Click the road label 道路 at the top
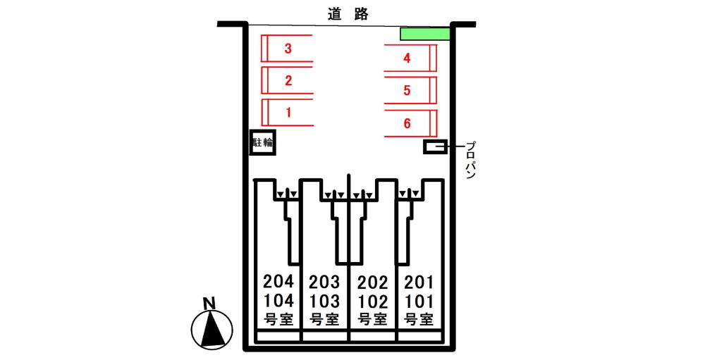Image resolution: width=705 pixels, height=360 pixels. click(348, 13)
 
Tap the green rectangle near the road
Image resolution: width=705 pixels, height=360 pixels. click(424, 34)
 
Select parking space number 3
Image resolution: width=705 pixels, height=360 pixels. click(288, 49)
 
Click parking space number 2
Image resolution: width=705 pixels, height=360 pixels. click(288, 80)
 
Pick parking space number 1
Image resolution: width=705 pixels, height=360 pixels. click(288, 111)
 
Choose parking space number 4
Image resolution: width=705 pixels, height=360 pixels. click(407, 58)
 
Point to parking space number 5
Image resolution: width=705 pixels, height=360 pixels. click(407, 90)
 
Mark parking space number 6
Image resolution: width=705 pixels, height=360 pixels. click(407, 123)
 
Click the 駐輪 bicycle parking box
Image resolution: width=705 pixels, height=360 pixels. click(263, 143)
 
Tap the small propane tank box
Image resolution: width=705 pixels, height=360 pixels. click(434, 147)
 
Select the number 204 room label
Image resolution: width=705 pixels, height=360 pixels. click(278, 283)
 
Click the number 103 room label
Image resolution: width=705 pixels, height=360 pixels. click(324, 302)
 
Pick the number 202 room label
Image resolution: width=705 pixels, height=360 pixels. click(372, 283)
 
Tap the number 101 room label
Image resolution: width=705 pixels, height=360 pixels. click(419, 302)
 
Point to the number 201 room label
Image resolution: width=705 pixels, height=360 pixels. click(419, 283)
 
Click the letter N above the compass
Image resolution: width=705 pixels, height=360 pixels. click(209, 304)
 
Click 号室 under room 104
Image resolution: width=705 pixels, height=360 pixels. click(278, 318)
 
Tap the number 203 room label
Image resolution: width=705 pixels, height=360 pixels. click(324, 283)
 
